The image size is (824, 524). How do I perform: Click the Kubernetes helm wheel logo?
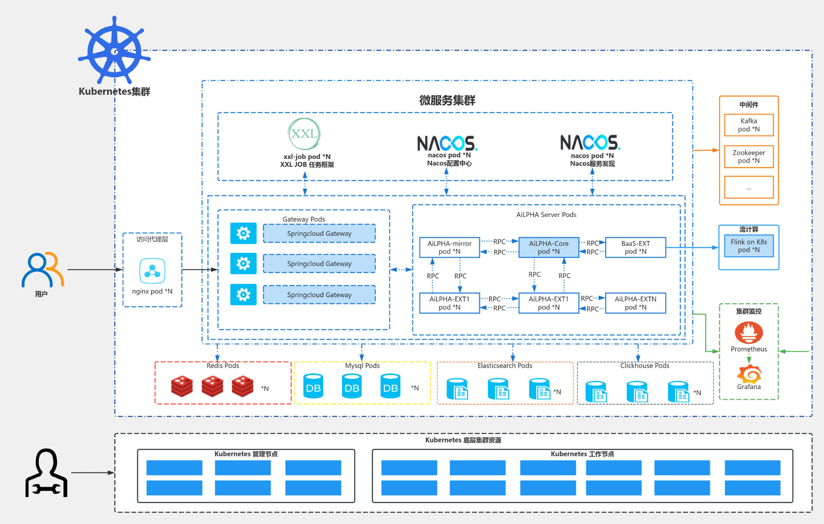coord(114,51)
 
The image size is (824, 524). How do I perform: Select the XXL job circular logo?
coord(304,134)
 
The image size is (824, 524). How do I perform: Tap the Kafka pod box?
coord(748,125)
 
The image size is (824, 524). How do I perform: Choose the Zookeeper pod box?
coord(748,157)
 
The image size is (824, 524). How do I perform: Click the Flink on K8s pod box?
coord(748,246)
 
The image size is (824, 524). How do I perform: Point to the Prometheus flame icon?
coord(748,333)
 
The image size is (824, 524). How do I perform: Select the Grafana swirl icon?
coord(749,374)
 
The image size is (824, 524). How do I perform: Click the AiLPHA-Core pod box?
coord(548,247)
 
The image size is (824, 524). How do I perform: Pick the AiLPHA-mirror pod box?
coord(449,247)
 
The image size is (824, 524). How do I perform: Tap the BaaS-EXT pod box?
coord(635,247)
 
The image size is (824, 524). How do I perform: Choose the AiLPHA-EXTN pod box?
coord(635,303)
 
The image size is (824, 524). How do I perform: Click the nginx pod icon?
coord(152,271)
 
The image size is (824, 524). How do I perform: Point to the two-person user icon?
coord(42,270)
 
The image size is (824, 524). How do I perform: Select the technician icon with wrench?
coord(46,473)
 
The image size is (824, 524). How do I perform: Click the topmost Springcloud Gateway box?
coord(319,234)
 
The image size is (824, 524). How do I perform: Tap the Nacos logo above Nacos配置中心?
coord(447,143)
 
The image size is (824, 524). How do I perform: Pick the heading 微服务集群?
coord(447,100)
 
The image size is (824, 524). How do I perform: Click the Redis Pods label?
coord(223,365)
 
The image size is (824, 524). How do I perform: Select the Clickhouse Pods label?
coord(645,365)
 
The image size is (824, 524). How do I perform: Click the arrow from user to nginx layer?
coord(94,270)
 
